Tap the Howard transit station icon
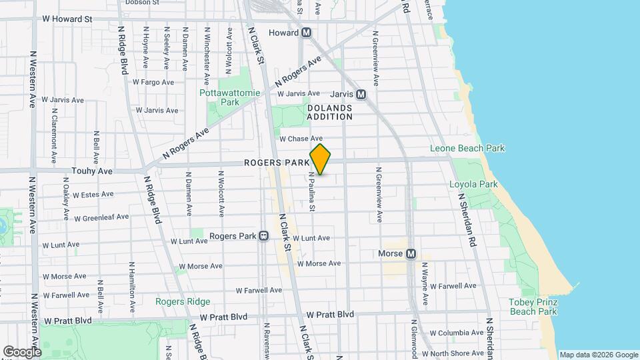[x=307, y=32]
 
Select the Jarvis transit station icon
[x=361, y=95]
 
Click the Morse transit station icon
[x=411, y=254]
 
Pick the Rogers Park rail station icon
[x=264, y=236]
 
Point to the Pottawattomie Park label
[x=229, y=97]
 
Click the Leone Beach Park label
[x=467, y=149]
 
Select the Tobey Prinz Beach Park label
[x=533, y=307]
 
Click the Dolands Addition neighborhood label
[x=329, y=112]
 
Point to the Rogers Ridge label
[x=183, y=301]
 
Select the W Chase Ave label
[x=301, y=139]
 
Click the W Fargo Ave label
[x=153, y=83]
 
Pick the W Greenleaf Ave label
[x=101, y=218]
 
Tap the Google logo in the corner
[x=22, y=351]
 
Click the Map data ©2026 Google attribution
[x=598, y=355]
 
